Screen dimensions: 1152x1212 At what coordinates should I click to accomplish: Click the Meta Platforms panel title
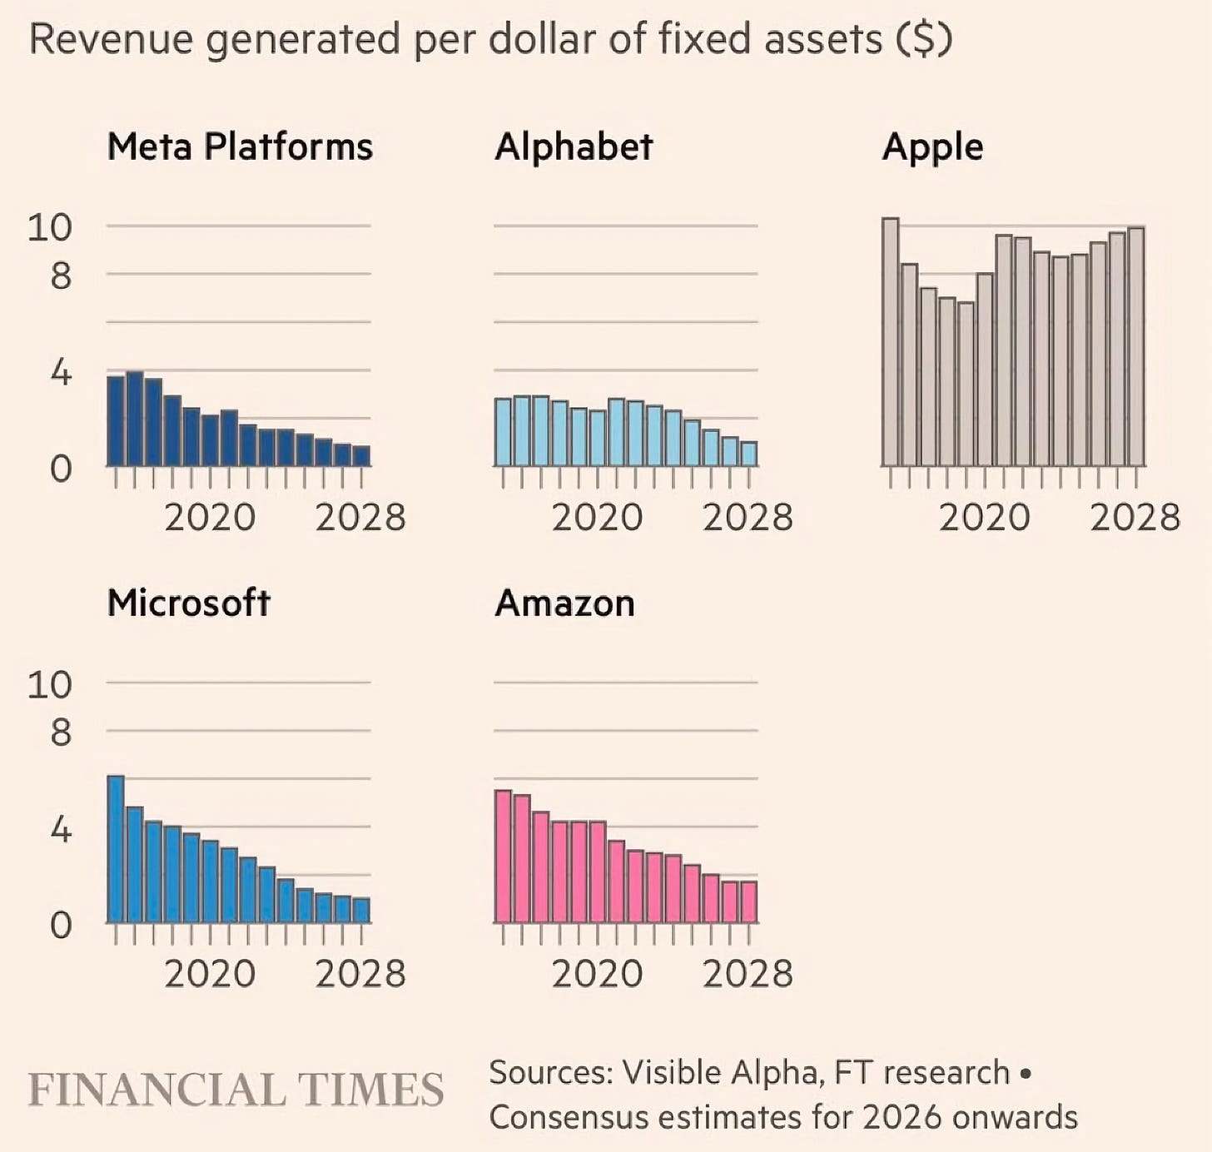click(240, 147)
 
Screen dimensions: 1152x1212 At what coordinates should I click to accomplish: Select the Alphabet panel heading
click(574, 147)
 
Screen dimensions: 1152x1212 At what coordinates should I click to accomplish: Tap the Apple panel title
click(932, 147)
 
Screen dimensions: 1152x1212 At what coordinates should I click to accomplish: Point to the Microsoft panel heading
click(189, 603)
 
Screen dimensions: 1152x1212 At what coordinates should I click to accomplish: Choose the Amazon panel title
click(564, 603)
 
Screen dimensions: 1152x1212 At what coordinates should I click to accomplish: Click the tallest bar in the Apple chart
click(890, 341)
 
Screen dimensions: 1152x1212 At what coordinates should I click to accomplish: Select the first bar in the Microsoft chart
click(116, 849)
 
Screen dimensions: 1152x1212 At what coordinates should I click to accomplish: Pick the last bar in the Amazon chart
click(748, 902)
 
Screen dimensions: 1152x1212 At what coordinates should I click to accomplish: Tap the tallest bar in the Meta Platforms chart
click(135, 419)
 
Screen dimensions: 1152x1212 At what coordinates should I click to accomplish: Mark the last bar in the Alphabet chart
click(748, 454)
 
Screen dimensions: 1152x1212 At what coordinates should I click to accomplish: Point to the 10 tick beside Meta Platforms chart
click(50, 227)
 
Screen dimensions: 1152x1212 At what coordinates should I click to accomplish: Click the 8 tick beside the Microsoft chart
click(61, 733)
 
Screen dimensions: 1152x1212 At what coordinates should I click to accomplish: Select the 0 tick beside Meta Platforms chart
click(61, 469)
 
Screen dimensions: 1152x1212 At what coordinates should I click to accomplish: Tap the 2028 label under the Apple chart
click(1135, 518)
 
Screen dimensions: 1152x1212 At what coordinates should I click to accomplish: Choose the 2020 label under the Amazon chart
click(597, 974)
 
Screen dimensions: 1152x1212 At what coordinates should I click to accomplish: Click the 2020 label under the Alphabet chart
click(597, 518)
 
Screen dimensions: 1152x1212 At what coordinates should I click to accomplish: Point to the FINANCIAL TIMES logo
click(236, 1090)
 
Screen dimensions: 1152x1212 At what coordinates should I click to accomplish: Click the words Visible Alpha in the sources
click(723, 1073)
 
